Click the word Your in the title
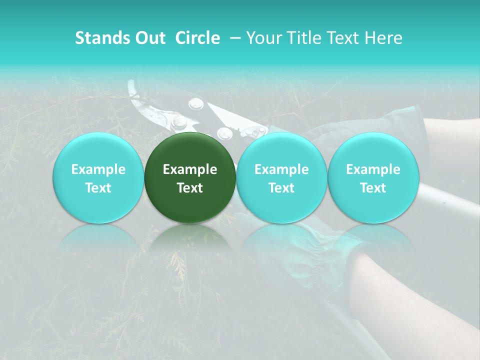(x=263, y=38)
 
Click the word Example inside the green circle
(x=190, y=169)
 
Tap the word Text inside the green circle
(x=190, y=188)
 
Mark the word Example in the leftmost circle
(x=98, y=169)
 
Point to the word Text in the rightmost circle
(x=373, y=188)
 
